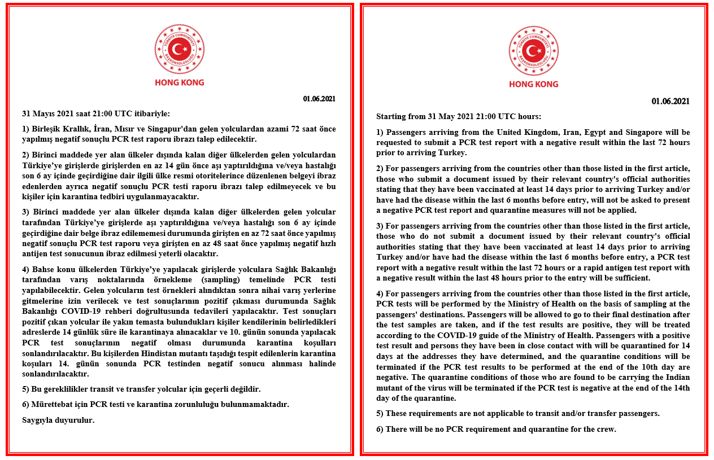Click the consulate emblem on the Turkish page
pyautogui.click(x=180, y=49)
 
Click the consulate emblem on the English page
pyautogui.click(x=533, y=50)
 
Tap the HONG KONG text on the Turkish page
pyautogui.click(x=180, y=82)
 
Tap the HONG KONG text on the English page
pyautogui.click(x=533, y=84)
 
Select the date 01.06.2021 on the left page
pyautogui.click(x=319, y=99)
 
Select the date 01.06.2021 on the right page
pyautogui.click(x=671, y=102)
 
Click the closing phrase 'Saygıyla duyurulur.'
pyautogui.click(x=58, y=420)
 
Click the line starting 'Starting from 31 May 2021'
pyautogui.click(x=459, y=117)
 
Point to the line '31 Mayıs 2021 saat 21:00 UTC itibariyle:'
pyautogui.click(x=95, y=113)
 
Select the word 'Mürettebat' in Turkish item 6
pyautogui.click(x=53, y=405)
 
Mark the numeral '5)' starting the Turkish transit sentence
pyautogui.click(x=26, y=389)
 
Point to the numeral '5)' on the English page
pyautogui.click(x=380, y=413)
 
